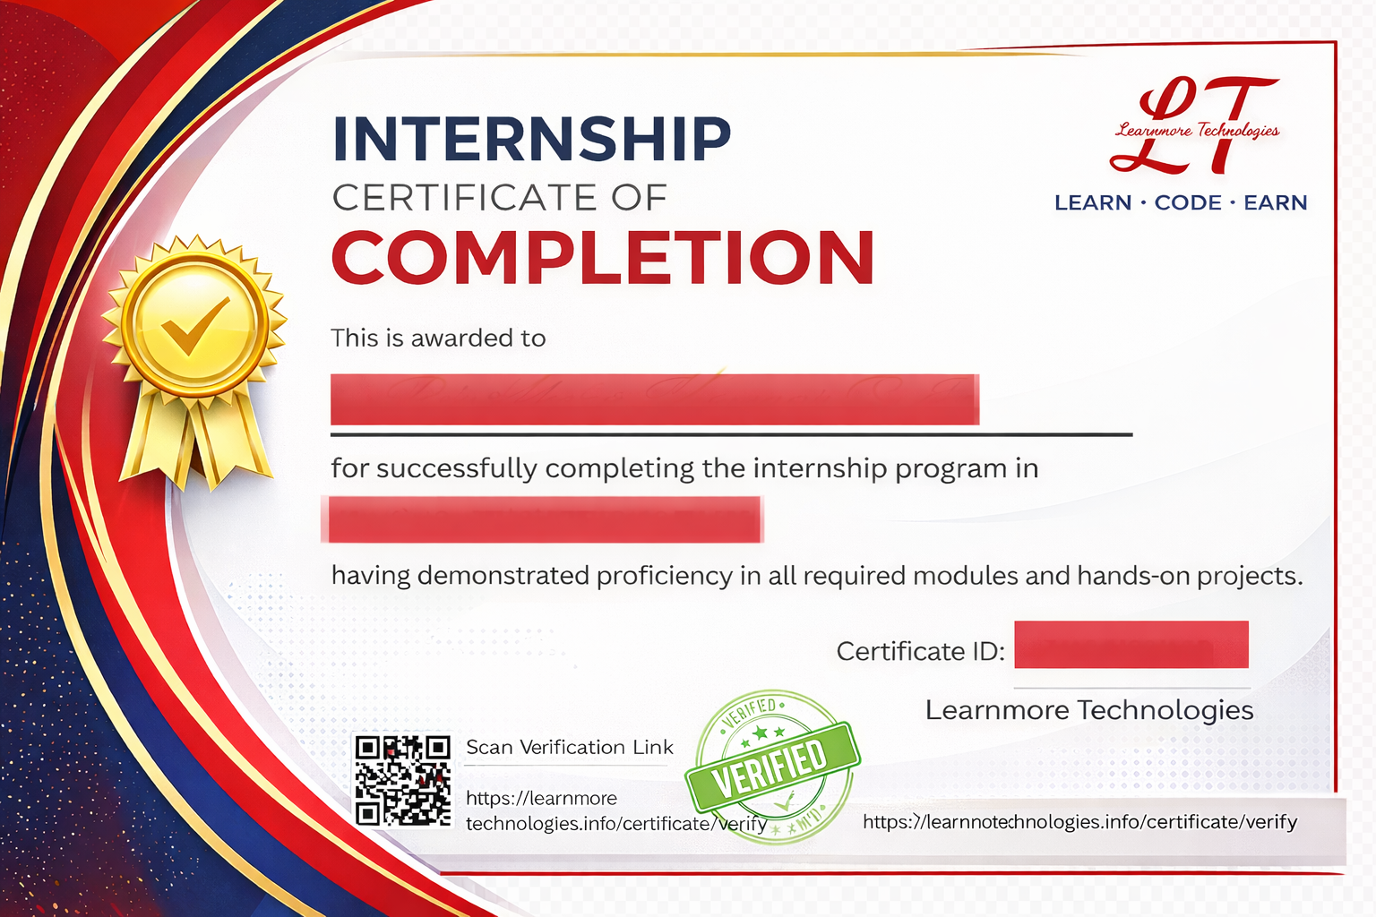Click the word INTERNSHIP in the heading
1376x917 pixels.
pyautogui.click(x=531, y=139)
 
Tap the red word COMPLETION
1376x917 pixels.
pyautogui.click(x=603, y=258)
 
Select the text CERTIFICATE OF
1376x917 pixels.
pyautogui.click(x=499, y=198)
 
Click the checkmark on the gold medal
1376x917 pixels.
pyautogui.click(x=195, y=324)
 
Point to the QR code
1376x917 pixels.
pyautogui.click(x=402, y=780)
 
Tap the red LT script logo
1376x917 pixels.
pyautogui.click(x=1194, y=125)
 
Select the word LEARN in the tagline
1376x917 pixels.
pyautogui.click(x=1092, y=203)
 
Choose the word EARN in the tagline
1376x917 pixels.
pyautogui.click(x=1275, y=203)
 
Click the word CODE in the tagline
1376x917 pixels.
pyautogui.click(x=1187, y=203)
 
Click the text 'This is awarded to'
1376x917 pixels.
pyautogui.click(x=438, y=339)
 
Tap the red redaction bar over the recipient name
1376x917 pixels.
pyautogui.click(x=654, y=399)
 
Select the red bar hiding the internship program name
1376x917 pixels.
pyautogui.click(x=543, y=520)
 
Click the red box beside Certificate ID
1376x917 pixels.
pyautogui.click(x=1131, y=645)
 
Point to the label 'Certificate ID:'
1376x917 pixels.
pyautogui.click(x=920, y=651)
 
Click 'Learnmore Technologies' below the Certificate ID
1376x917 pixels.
pyautogui.click(x=1088, y=710)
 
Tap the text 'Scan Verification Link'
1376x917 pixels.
pyautogui.click(x=569, y=748)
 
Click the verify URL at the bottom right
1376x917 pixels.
pyautogui.click(x=1079, y=822)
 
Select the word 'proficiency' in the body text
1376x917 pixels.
pyautogui.click(x=664, y=576)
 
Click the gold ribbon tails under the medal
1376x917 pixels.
pyautogui.click(x=195, y=439)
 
